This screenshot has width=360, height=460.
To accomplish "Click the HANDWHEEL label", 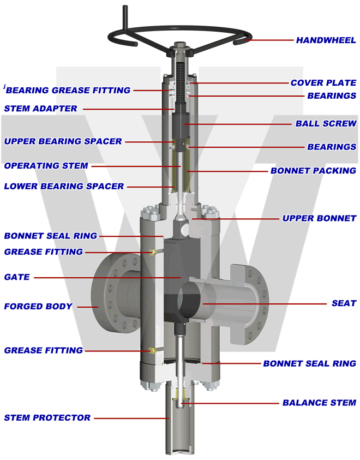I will click(326, 40).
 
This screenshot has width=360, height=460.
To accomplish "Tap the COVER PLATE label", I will click(323, 83).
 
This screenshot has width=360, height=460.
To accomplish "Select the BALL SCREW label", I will click(326, 123).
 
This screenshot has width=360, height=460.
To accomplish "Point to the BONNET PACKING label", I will click(313, 171).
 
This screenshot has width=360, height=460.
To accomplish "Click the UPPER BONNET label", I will click(319, 218).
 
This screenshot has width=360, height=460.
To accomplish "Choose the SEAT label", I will click(344, 303).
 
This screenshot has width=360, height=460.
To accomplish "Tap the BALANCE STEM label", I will click(319, 403).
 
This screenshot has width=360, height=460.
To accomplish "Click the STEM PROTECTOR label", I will click(47, 417).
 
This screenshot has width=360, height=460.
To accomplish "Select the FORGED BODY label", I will click(38, 306).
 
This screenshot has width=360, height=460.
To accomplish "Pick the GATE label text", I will click(16, 277).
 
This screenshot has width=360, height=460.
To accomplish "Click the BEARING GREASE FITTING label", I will click(68, 90).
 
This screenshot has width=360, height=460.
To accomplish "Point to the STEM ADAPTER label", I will click(40, 108).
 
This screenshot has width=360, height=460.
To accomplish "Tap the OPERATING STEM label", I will click(46, 165).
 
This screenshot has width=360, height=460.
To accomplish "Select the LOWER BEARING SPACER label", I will click(64, 186).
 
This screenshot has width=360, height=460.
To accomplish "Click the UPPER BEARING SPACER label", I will click(63, 141).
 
